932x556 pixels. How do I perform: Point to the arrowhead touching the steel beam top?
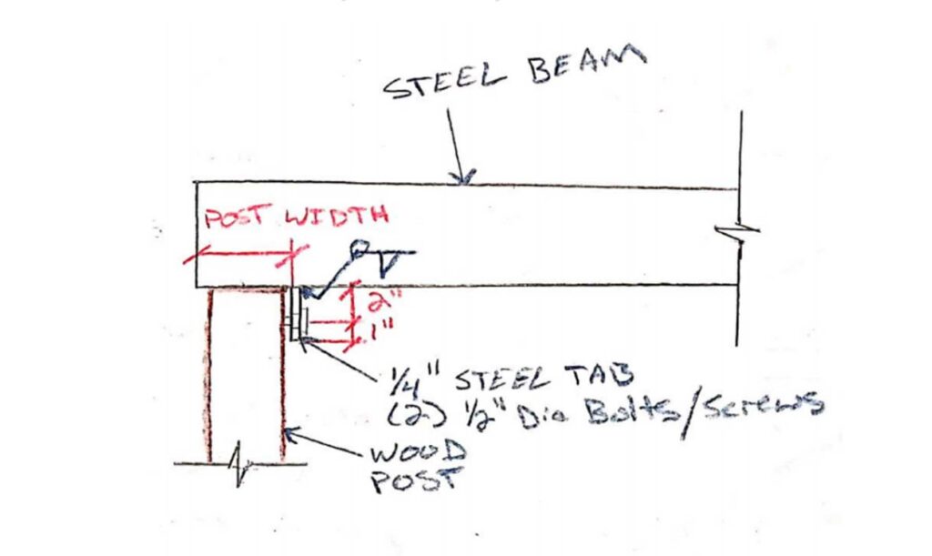point(465,178)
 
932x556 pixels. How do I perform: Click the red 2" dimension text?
point(368,300)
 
